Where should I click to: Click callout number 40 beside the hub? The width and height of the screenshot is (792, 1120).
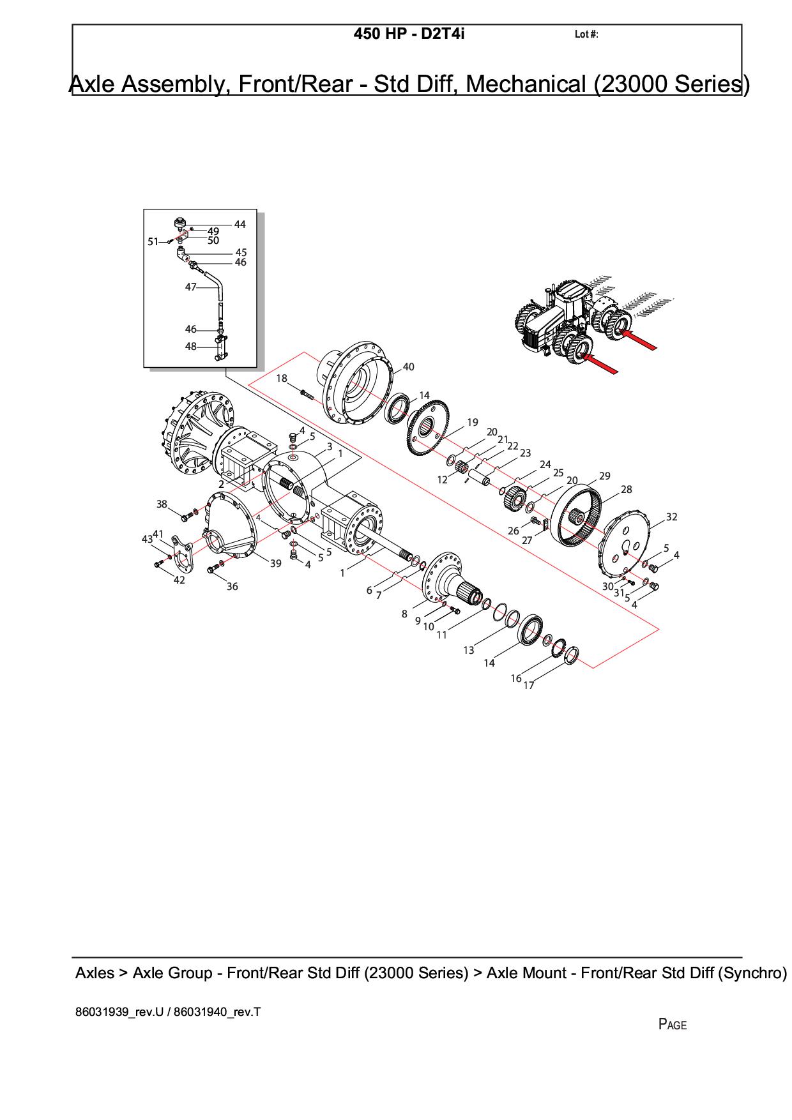[409, 367]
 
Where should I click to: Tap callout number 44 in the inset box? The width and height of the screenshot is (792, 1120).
[240, 224]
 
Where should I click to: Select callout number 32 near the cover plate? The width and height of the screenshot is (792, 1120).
[671, 517]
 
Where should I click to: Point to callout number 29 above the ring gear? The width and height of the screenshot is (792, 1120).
[604, 476]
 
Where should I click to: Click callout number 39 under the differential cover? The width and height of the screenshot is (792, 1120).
[275, 563]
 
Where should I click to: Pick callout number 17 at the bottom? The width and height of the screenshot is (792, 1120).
[529, 685]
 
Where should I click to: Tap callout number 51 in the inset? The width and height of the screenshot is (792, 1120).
[153, 241]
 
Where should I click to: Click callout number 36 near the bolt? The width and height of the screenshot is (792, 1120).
[232, 586]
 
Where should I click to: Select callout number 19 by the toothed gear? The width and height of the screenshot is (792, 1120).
[472, 422]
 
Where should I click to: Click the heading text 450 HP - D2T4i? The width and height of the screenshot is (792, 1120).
[409, 34]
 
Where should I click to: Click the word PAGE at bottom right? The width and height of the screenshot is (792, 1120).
[673, 1025]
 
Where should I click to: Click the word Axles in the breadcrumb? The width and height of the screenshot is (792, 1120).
[95, 973]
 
